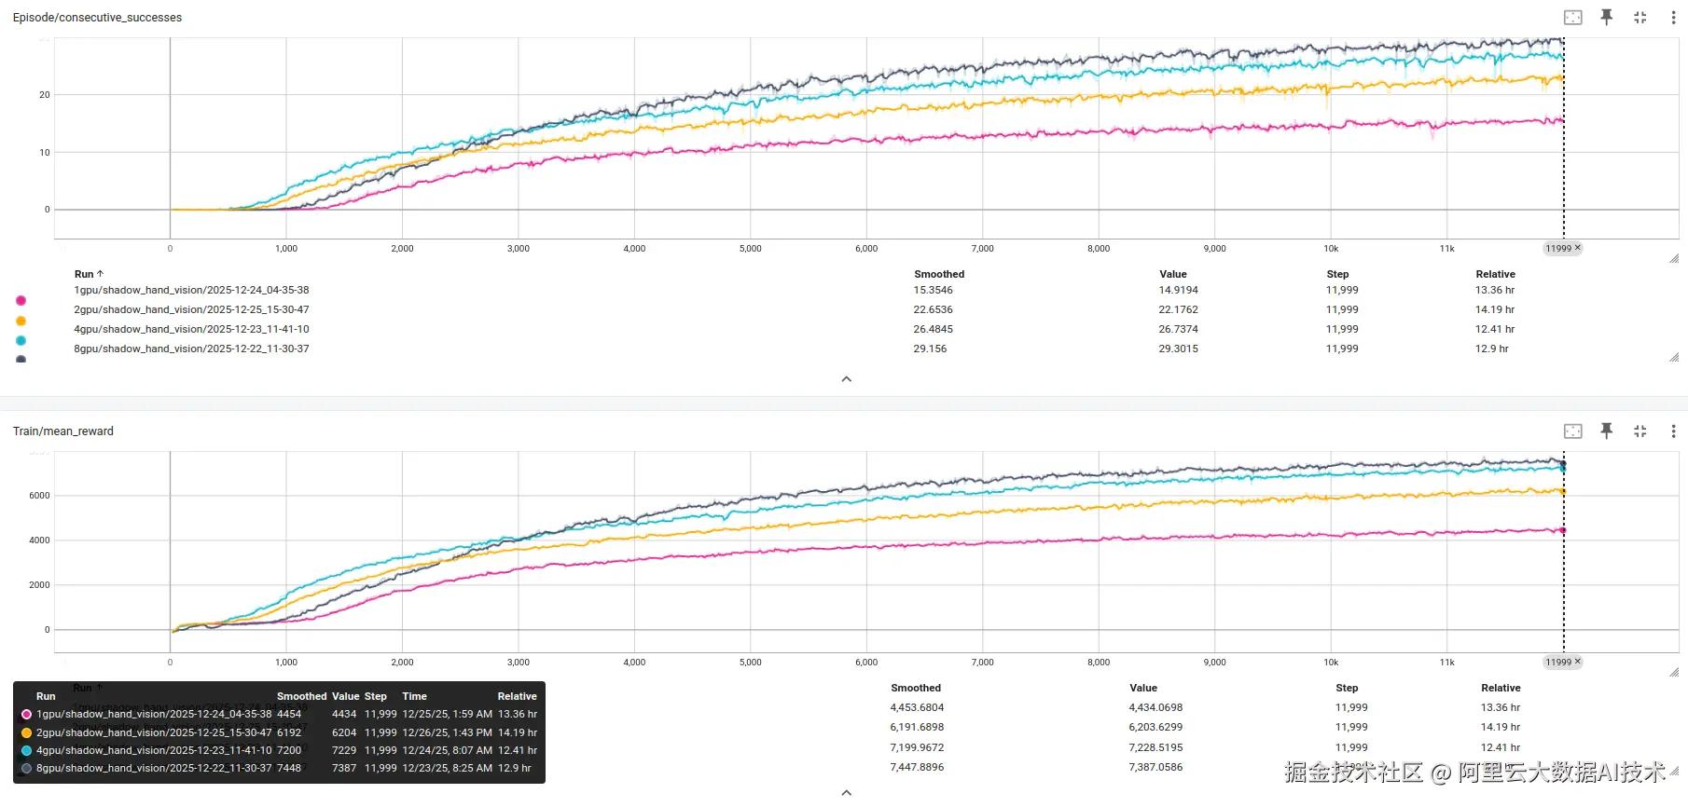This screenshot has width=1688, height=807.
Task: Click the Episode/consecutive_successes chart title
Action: (x=97, y=18)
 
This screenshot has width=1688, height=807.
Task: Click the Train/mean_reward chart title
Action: (x=63, y=431)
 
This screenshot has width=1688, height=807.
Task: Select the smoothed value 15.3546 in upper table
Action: (x=933, y=291)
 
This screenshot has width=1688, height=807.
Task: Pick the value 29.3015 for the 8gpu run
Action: (x=1178, y=349)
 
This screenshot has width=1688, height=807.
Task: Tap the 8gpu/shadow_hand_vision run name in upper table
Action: (x=191, y=349)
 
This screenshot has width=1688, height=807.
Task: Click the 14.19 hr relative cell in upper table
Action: (x=1494, y=310)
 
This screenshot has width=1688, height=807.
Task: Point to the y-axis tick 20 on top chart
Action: (x=44, y=95)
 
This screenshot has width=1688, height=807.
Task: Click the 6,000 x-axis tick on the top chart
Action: (x=866, y=249)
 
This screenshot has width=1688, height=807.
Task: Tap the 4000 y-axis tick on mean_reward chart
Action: (x=39, y=540)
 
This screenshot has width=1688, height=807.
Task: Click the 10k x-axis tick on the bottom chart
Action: (x=1331, y=663)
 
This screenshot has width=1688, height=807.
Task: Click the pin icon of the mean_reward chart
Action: (x=1606, y=431)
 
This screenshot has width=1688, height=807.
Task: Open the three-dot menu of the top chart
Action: (x=1673, y=18)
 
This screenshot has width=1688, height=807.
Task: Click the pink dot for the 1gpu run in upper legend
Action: (x=21, y=301)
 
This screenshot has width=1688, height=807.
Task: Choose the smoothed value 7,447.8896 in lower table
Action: (x=917, y=768)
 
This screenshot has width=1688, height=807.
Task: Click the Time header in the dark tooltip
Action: (x=414, y=697)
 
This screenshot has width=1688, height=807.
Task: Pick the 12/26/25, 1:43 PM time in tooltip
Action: (x=447, y=733)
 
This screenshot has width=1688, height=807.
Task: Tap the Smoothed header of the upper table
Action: (x=939, y=275)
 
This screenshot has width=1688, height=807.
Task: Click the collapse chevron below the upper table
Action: (x=847, y=379)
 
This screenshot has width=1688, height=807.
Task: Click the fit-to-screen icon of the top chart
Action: (x=1572, y=18)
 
